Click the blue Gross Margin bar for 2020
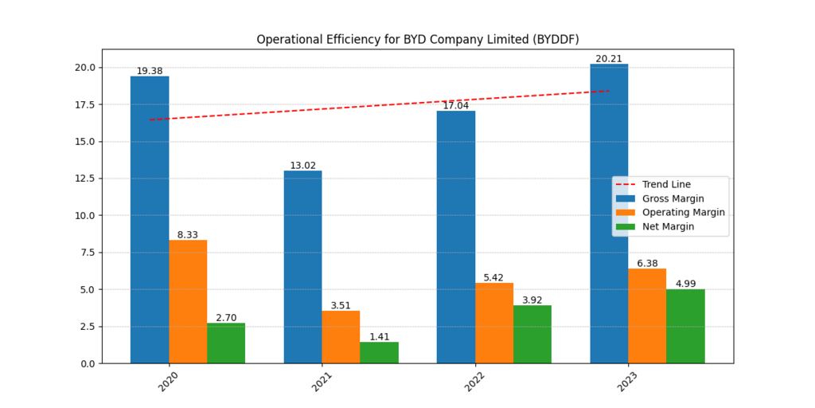[150, 219]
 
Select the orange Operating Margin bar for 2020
[188, 301]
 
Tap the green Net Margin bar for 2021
[379, 352]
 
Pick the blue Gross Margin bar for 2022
[456, 237]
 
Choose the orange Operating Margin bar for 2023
[647, 316]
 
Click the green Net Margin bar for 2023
[685, 326]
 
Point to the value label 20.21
[609, 59]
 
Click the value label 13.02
[302, 166]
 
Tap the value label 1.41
[379, 337]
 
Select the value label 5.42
[494, 278]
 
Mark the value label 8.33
[188, 235]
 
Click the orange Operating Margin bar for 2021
[341, 337]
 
